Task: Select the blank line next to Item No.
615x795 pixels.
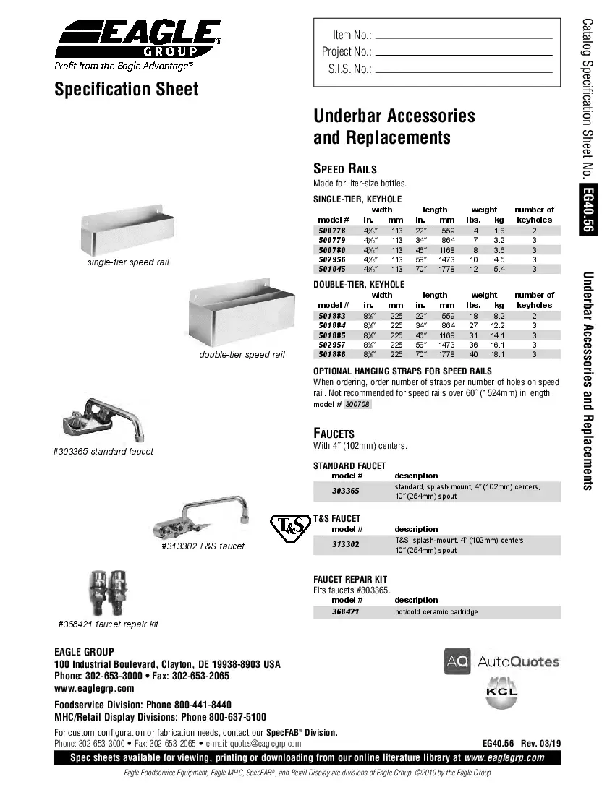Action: pyautogui.click(x=464, y=38)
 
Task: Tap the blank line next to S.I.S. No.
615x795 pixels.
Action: pyautogui.click(x=464, y=72)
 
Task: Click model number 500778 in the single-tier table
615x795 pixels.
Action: pyautogui.click(x=333, y=230)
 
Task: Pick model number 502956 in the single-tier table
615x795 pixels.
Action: pyautogui.click(x=333, y=259)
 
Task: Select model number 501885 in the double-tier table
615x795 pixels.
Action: pyautogui.click(x=333, y=335)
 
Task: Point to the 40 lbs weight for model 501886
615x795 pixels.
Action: pyautogui.click(x=473, y=354)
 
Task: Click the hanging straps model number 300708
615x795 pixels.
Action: pyautogui.click(x=357, y=405)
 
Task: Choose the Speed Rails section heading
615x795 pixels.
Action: pyautogui.click(x=344, y=169)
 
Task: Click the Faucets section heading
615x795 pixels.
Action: pyautogui.click(x=334, y=433)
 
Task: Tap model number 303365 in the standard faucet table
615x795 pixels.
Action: pyautogui.click(x=346, y=491)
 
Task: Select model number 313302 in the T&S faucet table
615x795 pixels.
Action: pyautogui.click(x=346, y=544)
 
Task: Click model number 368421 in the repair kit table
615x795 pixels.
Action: pyautogui.click(x=346, y=611)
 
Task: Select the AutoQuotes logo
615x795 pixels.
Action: pyautogui.click(x=501, y=661)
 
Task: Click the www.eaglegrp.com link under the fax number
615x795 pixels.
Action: pyautogui.click(x=94, y=688)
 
